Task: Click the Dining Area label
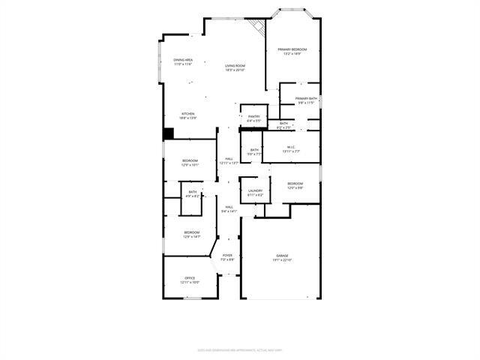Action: [183, 61]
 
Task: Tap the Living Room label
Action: [235, 67]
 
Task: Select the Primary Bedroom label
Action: [292, 51]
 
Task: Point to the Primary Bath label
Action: [306, 100]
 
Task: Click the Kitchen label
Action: [187, 115]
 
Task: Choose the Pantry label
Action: [254, 118]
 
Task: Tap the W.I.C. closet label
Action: [291, 149]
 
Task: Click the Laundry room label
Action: [254, 192]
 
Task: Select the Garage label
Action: [282, 258]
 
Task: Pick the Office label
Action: [190, 280]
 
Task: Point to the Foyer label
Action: [226, 257]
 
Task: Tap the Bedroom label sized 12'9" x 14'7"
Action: [192, 234]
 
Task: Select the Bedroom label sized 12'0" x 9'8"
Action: [295, 185]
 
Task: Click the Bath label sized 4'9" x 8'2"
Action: [193, 194]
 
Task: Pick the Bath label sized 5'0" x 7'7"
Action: [254, 151]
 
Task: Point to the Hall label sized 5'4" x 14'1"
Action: [229, 209]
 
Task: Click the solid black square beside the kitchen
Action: [169, 133]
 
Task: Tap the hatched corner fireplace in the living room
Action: [259, 28]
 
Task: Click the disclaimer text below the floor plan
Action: [239, 349]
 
